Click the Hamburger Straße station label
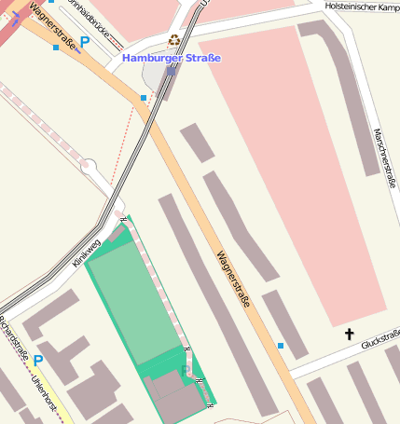[x=172, y=58]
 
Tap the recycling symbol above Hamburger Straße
[x=173, y=41]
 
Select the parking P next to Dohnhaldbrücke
[x=85, y=42]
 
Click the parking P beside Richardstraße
[x=38, y=361]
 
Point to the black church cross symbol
[x=350, y=334]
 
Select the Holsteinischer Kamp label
[x=362, y=7]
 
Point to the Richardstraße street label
[x=13, y=340]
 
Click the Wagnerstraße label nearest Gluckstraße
[x=235, y=280]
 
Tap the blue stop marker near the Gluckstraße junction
[x=280, y=346]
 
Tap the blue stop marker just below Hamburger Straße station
[x=144, y=97]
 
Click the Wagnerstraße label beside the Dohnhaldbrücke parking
[x=52, y=22]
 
